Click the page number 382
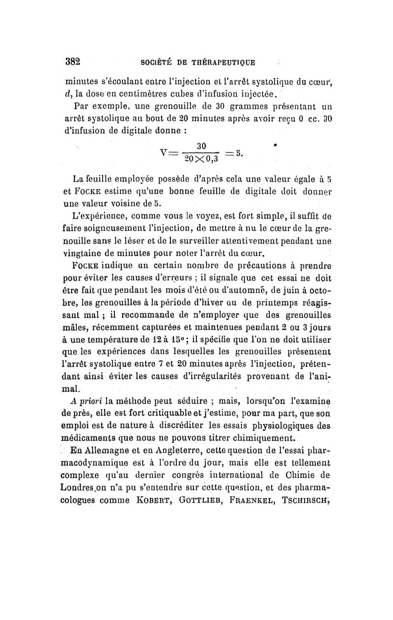[74, 63]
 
